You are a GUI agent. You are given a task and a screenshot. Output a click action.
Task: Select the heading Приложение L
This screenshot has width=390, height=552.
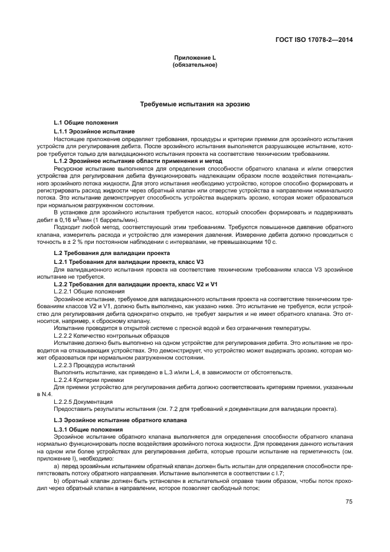195,58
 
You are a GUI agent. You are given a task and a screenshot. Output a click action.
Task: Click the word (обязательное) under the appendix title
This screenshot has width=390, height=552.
195,65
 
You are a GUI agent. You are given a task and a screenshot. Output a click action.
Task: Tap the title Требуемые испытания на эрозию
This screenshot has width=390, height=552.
195,104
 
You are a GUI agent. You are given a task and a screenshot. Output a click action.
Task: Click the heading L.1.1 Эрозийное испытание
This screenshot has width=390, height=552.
94,131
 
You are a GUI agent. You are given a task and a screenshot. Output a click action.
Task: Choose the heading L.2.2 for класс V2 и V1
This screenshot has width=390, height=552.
127,284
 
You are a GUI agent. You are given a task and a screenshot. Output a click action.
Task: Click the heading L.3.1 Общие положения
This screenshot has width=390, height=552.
87,429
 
